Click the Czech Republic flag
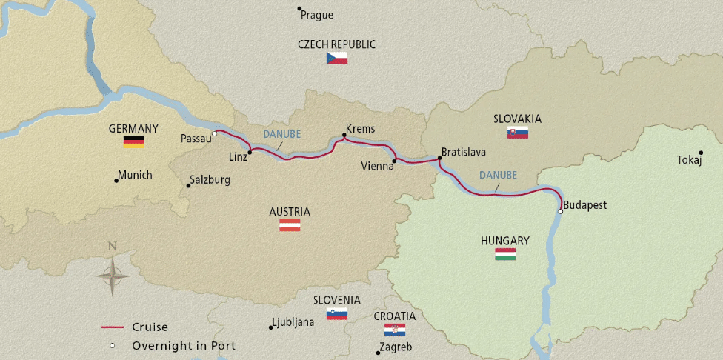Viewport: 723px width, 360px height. (337, 58)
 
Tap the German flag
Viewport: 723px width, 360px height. (133, 141)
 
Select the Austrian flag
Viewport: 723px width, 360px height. (290, 225)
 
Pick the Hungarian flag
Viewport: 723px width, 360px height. (505, 254)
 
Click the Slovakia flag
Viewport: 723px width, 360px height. (517, 133)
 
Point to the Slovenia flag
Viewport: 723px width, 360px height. (337, 313)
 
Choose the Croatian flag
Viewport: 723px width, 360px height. (395, 330)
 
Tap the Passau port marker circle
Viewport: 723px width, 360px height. (214, 133)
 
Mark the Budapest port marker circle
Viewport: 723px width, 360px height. (560, 212)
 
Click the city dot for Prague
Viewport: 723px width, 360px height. (299, 9)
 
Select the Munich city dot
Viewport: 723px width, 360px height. (116, 180)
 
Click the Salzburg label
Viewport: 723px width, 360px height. (210, 179)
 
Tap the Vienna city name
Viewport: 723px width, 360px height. (377, 166)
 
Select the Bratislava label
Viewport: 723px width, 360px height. (464, 152)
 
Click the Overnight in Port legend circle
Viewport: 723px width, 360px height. (112, 345)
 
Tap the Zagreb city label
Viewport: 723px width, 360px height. (395, 347)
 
